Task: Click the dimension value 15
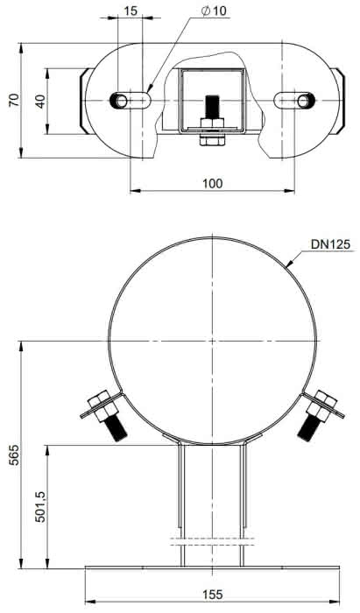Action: coord(131,11)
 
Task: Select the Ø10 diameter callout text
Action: coord(214,11)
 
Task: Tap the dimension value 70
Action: coord(14,100)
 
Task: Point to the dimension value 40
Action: coord(40,101)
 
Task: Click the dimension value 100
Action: coord(212,183)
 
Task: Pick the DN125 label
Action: coord(331,244)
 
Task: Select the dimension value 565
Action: coord(14,454)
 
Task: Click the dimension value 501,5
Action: coord(40,507)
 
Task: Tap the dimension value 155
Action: coord(213,595)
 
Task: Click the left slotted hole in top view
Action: coord(131,101)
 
